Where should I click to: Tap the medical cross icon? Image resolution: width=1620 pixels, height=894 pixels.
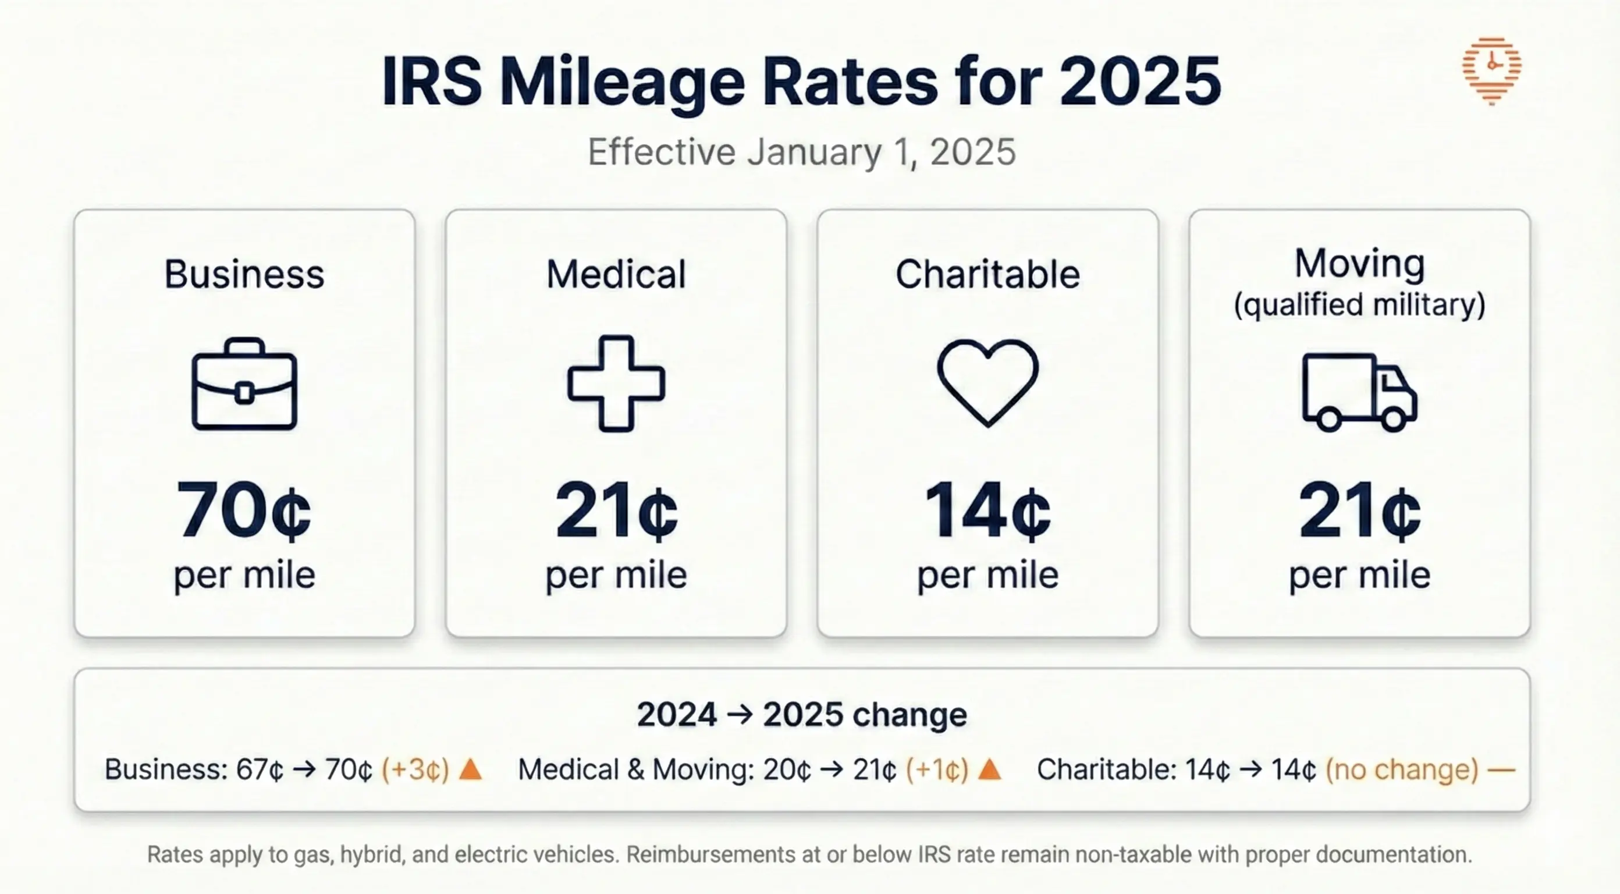pos(616,383)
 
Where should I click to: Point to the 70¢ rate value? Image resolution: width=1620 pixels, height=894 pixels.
pos(244,510)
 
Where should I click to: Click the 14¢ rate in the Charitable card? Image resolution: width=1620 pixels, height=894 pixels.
pos(987,510)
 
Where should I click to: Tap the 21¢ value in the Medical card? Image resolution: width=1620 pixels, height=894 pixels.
pos(616,510)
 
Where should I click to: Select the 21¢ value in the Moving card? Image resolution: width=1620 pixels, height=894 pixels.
pos(1359,510)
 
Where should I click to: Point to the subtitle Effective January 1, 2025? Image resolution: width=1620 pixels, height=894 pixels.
pos(801,152)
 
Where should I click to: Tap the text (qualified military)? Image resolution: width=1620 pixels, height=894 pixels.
pos(1359,305)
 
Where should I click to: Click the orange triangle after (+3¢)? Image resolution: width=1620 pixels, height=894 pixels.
pos(470,769)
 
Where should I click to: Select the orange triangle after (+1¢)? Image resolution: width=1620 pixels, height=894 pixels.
pos(989,769)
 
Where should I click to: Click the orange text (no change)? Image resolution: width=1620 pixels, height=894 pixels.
pos(1402,769)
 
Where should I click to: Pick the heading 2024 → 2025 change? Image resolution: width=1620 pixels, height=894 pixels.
pos(801,715)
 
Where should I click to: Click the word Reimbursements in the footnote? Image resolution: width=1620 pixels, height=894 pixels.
pos(703,854)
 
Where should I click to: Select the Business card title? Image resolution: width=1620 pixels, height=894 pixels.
pos(244,274)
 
